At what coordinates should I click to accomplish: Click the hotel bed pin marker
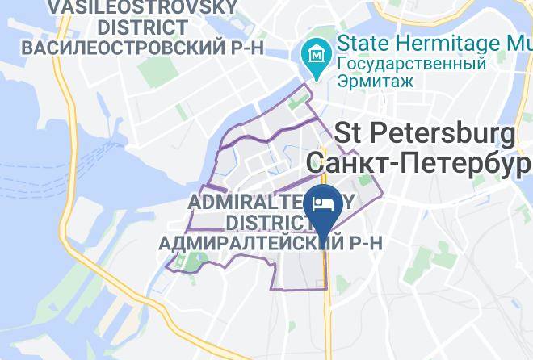(x=325, y=204)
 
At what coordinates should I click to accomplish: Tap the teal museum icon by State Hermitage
(x=313, y=55)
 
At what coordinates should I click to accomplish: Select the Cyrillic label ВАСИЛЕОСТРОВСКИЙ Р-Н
(x=143, y=48)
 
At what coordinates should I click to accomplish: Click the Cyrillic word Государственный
(x=412, y=64)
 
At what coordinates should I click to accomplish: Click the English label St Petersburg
(x=424, y=132)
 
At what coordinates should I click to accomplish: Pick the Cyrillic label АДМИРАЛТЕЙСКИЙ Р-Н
(x=270, y=241)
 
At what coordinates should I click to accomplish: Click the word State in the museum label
(x=364, y=41)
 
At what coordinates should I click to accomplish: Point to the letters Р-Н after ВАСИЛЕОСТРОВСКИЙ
(x=242, y=48)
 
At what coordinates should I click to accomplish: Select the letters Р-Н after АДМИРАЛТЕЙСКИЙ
(x=361, y=241)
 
